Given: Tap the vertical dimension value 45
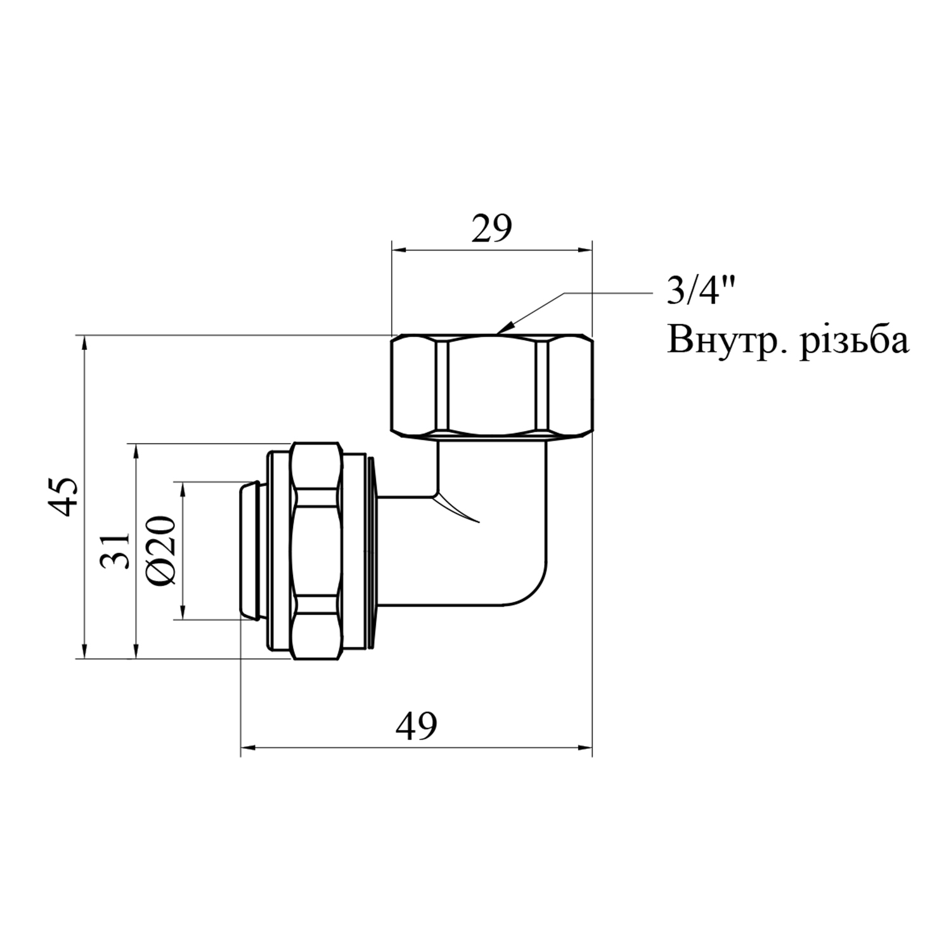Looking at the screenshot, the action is click(x=64, y=496).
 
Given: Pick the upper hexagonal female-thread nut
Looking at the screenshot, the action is click(x=491, y=387).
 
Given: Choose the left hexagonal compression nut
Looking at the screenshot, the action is click(x=317, y=551).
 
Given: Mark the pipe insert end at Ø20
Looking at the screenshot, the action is click(x=252, y=550).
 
